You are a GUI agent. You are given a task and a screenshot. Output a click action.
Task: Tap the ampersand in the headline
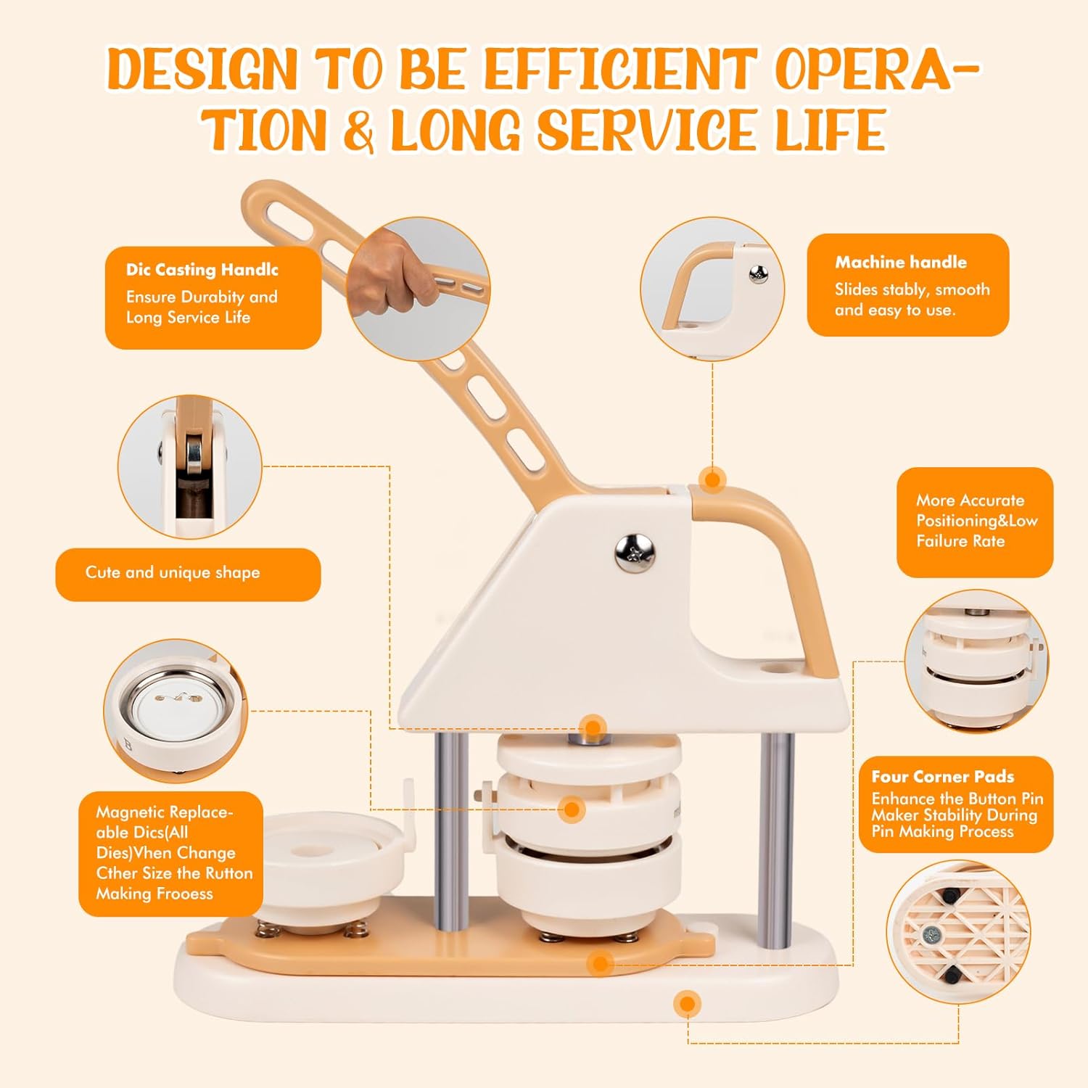tap(359, 131)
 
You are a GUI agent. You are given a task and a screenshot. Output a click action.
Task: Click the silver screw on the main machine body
tap(635, 552)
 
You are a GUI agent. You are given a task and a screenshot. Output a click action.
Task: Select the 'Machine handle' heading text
tap(901, 262)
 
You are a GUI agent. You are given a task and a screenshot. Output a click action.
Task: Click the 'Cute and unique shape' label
tap(173, 572)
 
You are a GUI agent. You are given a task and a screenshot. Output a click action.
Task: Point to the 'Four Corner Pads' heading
tap(942, 776)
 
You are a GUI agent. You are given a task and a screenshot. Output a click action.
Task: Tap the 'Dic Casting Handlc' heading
tap(202, 270)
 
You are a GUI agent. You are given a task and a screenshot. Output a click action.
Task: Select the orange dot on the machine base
tap(687, 1005)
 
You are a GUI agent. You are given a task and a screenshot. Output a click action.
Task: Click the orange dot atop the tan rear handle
tap(712, 479)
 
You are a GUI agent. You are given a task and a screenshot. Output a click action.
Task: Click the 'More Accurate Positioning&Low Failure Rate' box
tap(975, 522)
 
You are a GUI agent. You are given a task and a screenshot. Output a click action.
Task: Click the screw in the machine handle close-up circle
tap(759, 273)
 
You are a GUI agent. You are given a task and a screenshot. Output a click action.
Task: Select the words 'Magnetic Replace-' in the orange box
tap(165, 812)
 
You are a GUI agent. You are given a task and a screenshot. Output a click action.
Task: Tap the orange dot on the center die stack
tap(572, 809)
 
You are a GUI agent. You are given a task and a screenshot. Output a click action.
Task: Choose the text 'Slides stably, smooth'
tap(912, 289)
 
